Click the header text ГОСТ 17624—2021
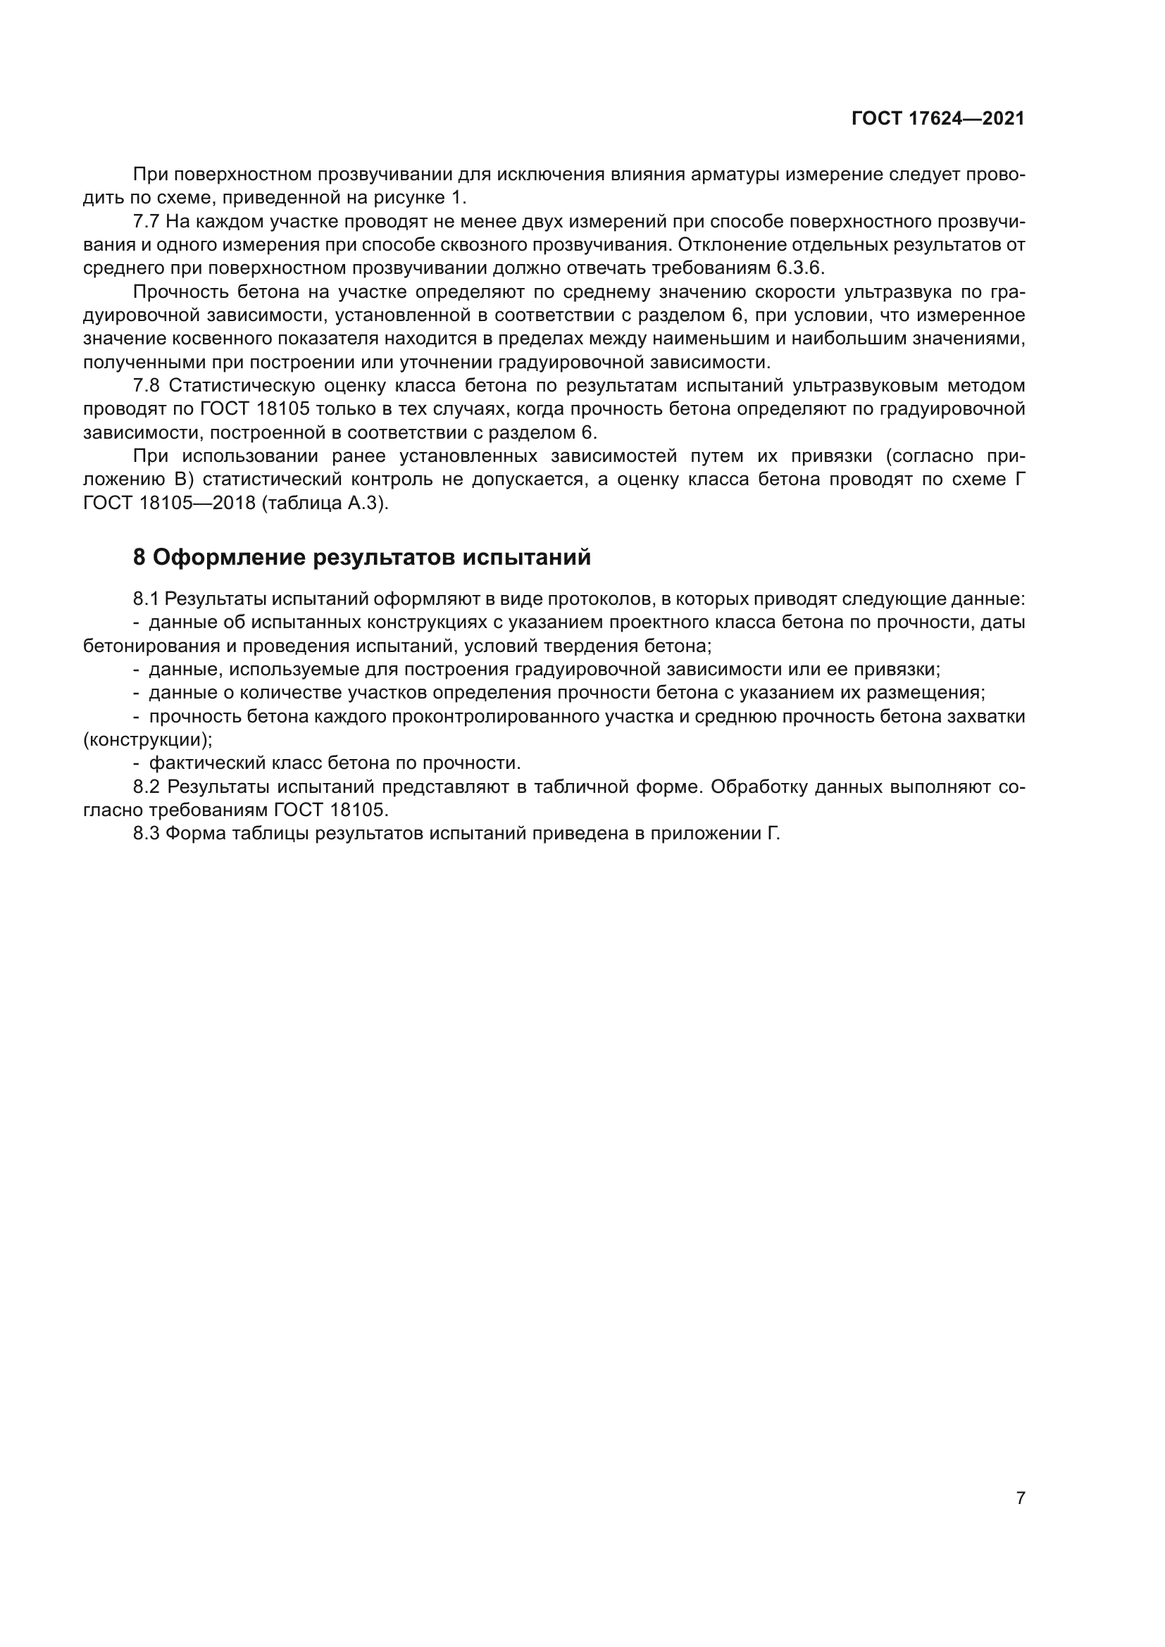pos(937,118)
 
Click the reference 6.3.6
pos(801,268)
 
